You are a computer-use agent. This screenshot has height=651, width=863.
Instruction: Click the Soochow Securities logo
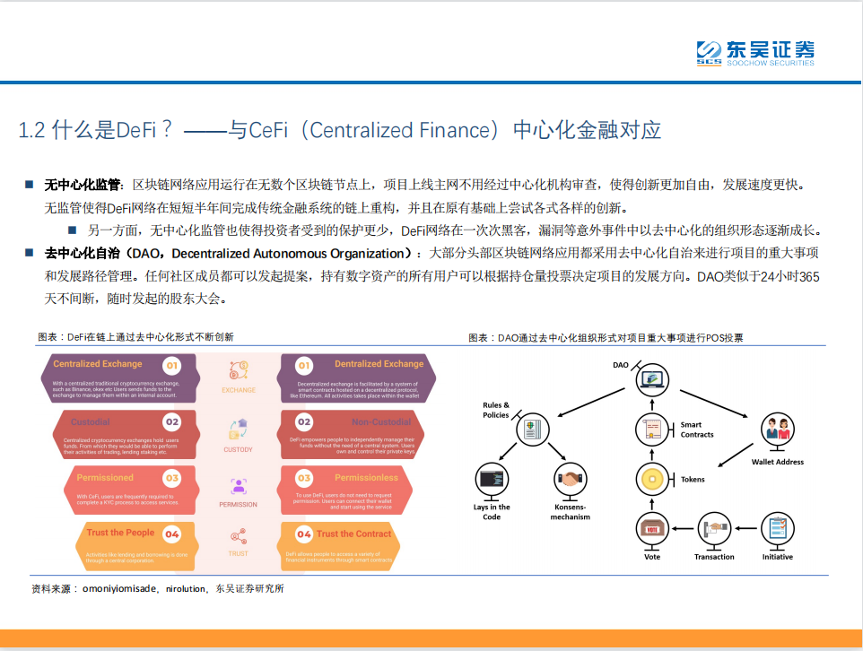755,53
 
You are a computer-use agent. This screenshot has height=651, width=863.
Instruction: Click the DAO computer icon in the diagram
652,379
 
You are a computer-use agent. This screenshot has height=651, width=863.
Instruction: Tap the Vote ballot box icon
652,529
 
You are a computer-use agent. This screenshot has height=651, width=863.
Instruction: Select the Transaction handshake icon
715,529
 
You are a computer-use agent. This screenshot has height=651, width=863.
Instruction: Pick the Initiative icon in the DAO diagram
777,529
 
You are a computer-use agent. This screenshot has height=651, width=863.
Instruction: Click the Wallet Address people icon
777,431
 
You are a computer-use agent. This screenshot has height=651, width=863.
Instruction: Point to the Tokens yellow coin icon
652,479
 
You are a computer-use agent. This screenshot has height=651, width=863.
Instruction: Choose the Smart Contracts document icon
652,430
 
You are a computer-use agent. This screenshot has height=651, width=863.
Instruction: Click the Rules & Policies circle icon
533,430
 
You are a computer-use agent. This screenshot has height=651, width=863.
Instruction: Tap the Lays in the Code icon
492,479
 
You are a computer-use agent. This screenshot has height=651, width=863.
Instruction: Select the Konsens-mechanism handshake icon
571,479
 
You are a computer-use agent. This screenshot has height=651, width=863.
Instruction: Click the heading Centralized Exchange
98,364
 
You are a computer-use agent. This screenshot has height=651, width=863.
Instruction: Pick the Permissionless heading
366,478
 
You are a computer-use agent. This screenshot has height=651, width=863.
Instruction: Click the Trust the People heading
120,533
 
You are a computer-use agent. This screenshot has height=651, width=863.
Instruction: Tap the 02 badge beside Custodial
172,421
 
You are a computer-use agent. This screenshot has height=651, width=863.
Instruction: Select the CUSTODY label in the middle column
238,449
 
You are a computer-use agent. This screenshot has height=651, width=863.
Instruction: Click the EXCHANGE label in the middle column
238,390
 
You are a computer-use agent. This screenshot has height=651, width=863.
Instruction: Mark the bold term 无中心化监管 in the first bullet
83,185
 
